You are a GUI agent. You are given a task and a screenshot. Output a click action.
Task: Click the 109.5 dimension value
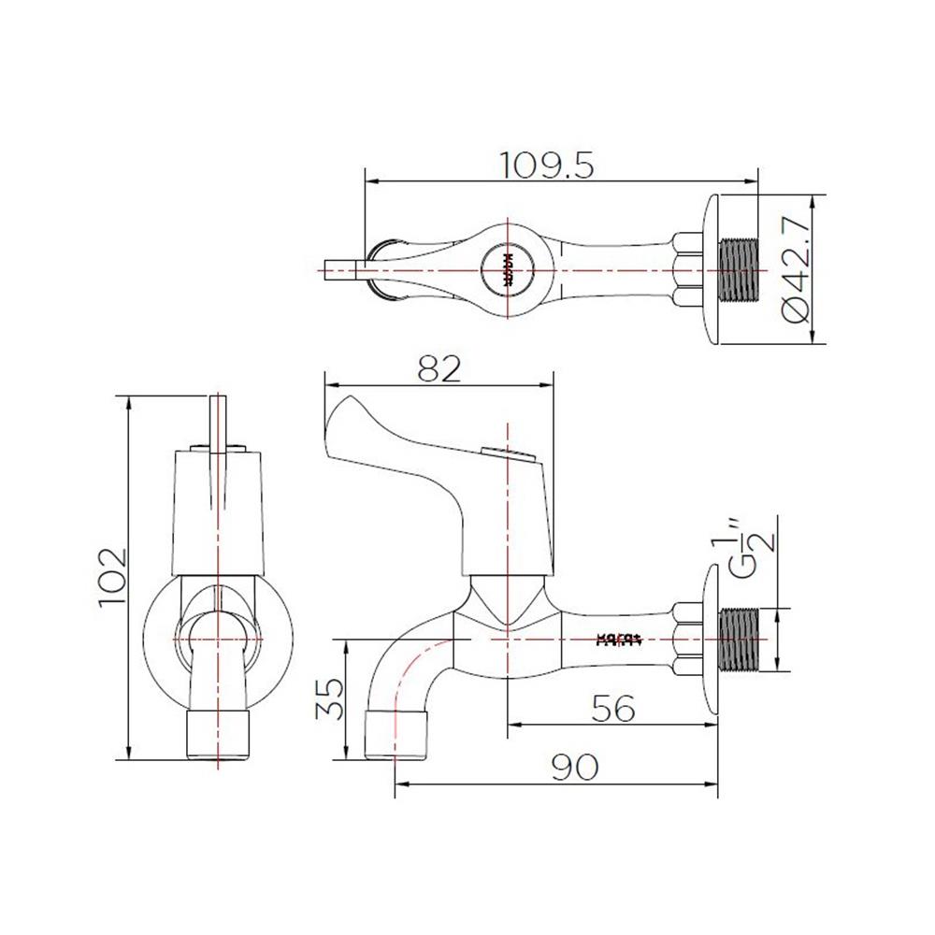click(547, 165)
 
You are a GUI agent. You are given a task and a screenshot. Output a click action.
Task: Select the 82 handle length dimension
click(439, 370)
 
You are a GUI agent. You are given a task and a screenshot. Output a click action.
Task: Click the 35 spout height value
click(330, 698)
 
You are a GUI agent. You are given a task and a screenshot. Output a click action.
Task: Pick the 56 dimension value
click(613, 709)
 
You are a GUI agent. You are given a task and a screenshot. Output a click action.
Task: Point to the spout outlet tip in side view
click(397, 735)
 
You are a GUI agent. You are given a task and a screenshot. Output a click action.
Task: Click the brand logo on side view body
click(617, 640)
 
